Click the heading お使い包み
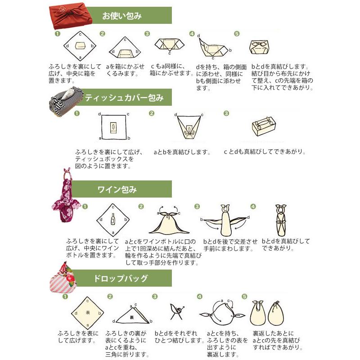[x=122, y=16]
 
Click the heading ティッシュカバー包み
[x=124, y=97]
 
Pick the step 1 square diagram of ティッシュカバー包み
[x=114, y=128]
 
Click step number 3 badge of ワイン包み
[x=197, y=207]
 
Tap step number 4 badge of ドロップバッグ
[x=200, y=297]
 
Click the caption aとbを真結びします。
[x=182, y=152]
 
